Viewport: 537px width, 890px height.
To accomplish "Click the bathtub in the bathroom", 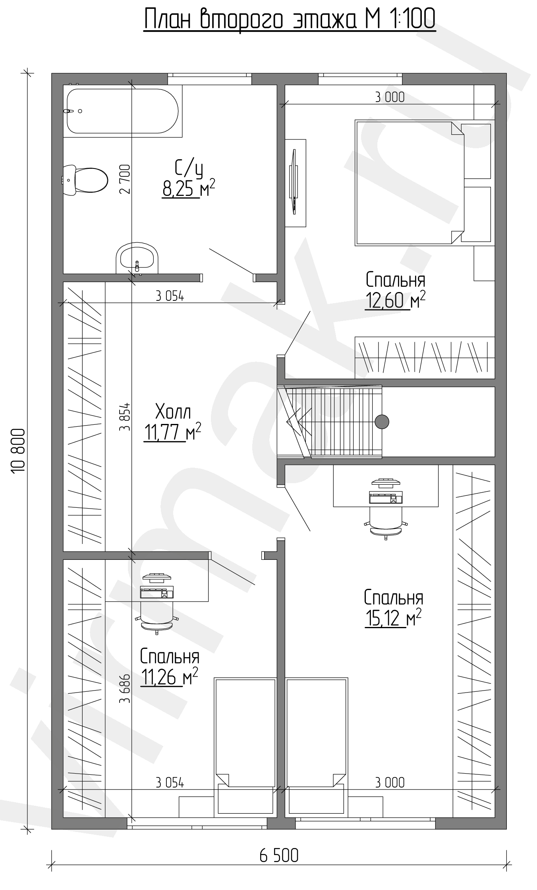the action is pyautogui.click(x=122, y=111).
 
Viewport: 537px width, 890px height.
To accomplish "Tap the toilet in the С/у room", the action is pyautogui.click(x=85, y=181).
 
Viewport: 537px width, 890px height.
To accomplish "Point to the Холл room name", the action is pyautogui.click(x=173, y=411).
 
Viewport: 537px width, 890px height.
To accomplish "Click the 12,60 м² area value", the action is pyautogui.click(x=395, y=300).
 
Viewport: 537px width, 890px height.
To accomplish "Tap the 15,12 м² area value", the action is pyautogui.click(x=393, y=619).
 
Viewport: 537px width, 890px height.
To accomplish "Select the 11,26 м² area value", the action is pyautogui.click(x=170, y=677).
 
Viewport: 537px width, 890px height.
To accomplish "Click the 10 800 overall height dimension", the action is pyautogui.click(x=19, y=451).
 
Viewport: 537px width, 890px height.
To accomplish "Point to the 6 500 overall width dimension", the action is pyautogui.click(x=279, y=855).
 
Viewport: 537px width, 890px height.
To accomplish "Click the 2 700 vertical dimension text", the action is pyautogui.click(x=125, y=179).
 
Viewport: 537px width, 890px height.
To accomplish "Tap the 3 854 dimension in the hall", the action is pyautogui.click(x=125, y=417).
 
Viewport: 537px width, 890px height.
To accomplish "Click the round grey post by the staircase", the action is pyautogui.click(x=382, y=422).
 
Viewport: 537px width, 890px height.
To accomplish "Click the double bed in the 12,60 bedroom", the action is pyautogui.click(x=424, y=182).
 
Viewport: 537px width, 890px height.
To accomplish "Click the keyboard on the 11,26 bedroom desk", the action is pyautogui.click(x=157, y=592).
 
